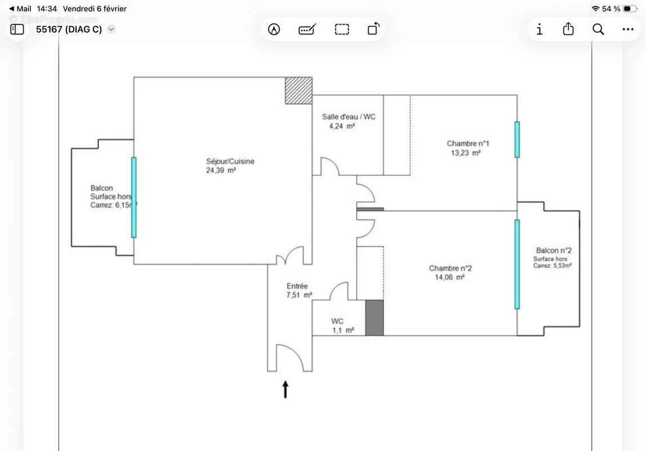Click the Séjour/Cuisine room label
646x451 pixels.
click(x=230, y=161)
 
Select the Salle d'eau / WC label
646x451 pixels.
click(x=348, y=117)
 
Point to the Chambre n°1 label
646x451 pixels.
click(x=468, y=144)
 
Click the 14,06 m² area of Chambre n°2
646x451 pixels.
click(x=449, y=277)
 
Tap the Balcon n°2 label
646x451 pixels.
click(x=555, y=250)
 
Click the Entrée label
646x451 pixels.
click(x=297, y=286)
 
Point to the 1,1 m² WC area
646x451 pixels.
click(x=343, y=330)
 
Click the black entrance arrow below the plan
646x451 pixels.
click(x=285, y=390)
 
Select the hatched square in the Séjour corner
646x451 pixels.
click(x=298, y=90)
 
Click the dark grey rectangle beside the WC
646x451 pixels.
click(x=374, y=318)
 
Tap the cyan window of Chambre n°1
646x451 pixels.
click(x=517, y=139)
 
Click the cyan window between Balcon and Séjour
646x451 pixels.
click(x=134, y=197)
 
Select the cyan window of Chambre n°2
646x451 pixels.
click(x=517, y=264)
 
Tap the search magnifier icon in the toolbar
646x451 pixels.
click(x=598, y=29)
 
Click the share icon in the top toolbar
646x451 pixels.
click(x=568, y=29)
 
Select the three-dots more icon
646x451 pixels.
click(x=628, y=29)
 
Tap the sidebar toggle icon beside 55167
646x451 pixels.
click(x=17, y=29)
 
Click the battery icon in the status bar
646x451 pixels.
click(x=630, y=8)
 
